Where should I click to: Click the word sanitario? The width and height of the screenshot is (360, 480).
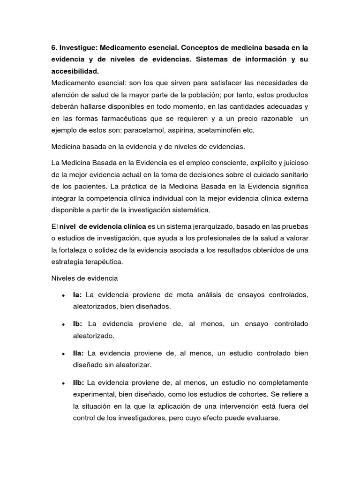pyautogui.click(x=292, y=175)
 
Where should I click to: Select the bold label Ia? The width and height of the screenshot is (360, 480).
pyautogui.click(x=77, y=295)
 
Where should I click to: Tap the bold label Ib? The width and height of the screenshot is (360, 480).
pyautogui.click(x=78, y=324)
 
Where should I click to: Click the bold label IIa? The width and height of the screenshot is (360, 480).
pyautogui.click(x=78, y=353)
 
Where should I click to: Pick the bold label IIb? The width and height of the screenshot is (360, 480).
pyautogui.click(x=79, y=383)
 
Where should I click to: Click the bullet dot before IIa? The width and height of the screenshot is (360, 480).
pyautogui.click(x=63, y=354)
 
